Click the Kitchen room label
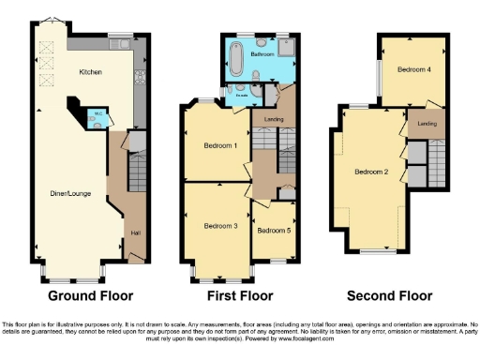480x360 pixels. [x=91, y=72]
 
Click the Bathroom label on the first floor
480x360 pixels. [x=262, y=54]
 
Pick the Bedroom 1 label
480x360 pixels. [x=220, y=145]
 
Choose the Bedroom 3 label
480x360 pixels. [x=220, y=226]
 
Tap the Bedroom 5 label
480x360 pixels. [x=274, y=230]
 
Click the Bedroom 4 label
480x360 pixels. [x=414, y=69]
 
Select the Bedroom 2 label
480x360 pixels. [x=371, y=172]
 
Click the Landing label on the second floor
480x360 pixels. [x=427, y=123]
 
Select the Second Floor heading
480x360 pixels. [x=389, y=295]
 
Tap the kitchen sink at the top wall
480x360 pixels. [x=119, y=42]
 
